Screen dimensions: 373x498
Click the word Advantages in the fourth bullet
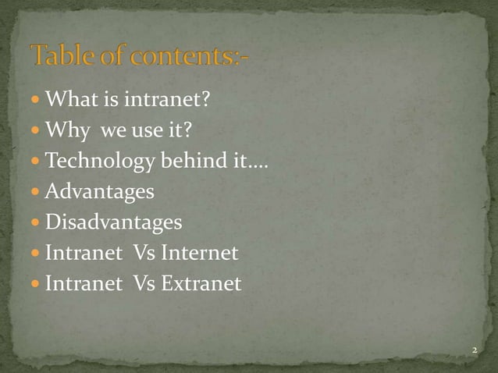tap(99, 192)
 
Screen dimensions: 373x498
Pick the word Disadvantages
tap(113, 222)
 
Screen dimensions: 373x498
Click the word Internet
tap(199, 253)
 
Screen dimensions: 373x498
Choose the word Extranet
tap(201, 283)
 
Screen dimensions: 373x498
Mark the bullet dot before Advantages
tap(36, 193)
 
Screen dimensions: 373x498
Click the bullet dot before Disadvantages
tap(36, 223)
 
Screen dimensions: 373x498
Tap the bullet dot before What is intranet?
tap(36, 101)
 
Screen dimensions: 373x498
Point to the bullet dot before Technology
tap(36, 162)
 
